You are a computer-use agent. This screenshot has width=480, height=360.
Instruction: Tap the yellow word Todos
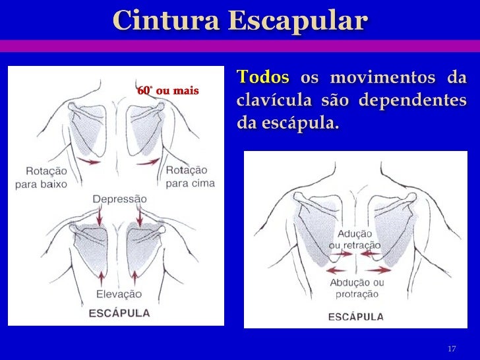coord(263,77)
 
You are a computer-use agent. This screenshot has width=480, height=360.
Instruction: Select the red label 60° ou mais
coord(167,90)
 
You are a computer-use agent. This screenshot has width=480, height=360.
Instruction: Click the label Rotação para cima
coord(190,177)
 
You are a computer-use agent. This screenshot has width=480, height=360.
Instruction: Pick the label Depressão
coord(120,198)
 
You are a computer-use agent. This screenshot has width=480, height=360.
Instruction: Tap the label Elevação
coord(119,295)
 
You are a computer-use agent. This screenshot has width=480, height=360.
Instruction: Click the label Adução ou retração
coord(355,239)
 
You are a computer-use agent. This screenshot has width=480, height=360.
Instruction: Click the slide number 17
coord(452,348)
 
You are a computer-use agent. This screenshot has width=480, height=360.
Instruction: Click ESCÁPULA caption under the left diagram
coord(119,313)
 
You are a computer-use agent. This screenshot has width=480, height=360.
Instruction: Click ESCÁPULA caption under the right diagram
coord(356,316)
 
